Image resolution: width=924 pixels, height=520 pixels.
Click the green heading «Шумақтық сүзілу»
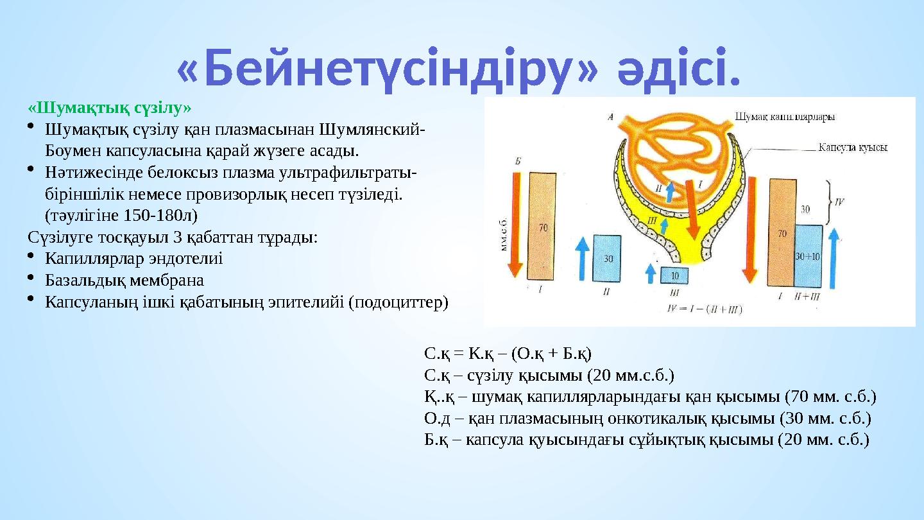click(110, 106)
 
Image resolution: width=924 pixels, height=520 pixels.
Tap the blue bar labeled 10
click(674, 275)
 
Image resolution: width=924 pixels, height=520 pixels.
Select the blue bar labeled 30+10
click(808, 256)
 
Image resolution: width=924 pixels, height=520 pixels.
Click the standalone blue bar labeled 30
click(607, 258)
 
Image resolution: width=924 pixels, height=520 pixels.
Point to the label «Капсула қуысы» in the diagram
click(852, 147)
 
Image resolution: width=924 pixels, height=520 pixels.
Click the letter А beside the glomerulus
click(610, 117)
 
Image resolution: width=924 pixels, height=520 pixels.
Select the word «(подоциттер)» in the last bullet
click(398, 302)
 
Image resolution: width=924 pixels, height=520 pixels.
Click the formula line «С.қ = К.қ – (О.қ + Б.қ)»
click(508, 353)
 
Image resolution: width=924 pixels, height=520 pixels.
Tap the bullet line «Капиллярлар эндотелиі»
click(134, 259)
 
